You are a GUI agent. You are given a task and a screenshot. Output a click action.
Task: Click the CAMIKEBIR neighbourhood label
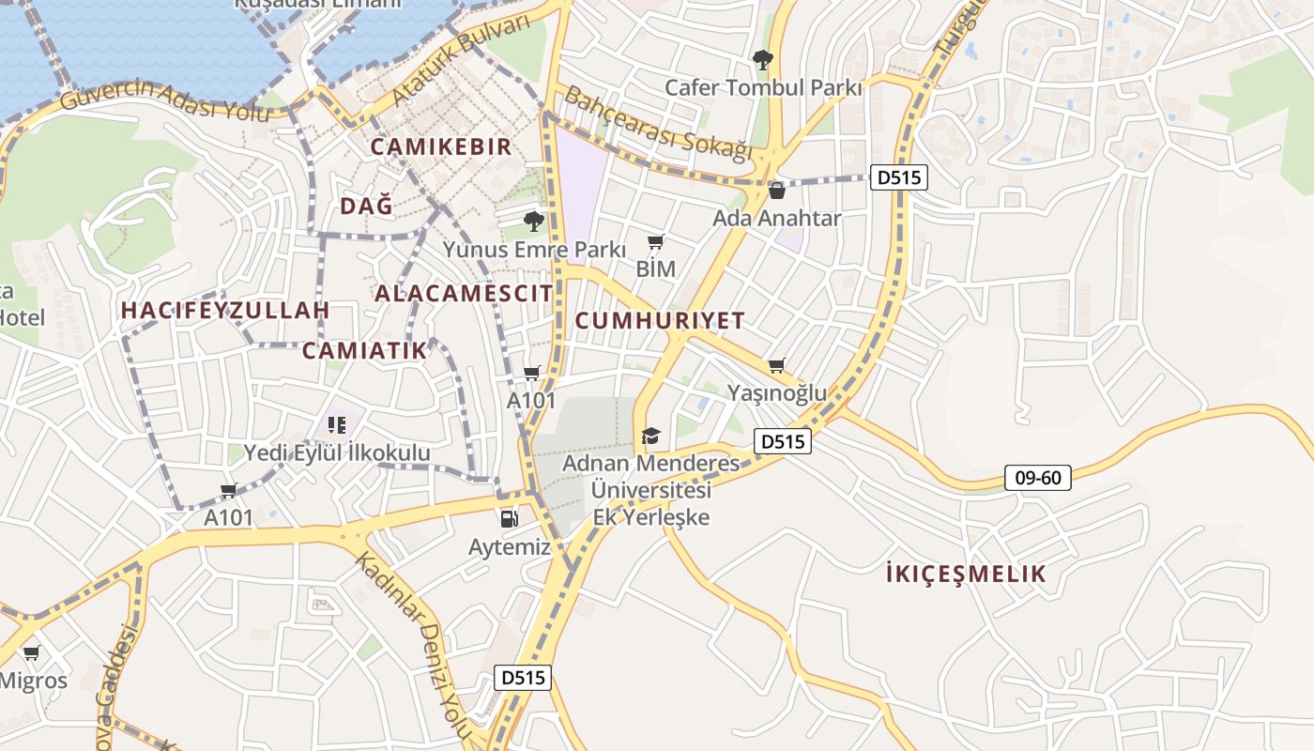[441, 146]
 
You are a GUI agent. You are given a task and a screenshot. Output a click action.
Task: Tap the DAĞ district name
[366, 207]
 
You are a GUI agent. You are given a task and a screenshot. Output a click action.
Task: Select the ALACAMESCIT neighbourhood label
[464, 293]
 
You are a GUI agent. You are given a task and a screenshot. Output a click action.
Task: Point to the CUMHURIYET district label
[660, 321]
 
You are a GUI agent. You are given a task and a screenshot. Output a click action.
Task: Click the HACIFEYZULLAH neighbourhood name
[225, 310]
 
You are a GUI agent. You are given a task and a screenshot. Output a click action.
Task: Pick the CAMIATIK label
[364, 351]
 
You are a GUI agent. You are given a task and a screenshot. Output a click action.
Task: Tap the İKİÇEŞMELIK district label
[966, 575]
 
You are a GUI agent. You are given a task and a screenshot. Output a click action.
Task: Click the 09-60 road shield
[1038, 478]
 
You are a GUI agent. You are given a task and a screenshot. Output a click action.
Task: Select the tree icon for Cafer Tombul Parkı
[763, 60]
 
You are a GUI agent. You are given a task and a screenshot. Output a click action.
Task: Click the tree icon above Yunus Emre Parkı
[534, 222]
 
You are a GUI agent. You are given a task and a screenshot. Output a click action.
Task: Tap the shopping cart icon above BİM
[656, 243]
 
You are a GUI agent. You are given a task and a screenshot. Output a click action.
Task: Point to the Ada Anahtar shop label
[777, 218]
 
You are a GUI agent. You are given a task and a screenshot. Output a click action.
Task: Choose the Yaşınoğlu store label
[777, 392]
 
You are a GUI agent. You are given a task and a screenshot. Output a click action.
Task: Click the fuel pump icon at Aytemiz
[509, 517]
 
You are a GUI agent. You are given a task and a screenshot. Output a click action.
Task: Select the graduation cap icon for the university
[650, 436]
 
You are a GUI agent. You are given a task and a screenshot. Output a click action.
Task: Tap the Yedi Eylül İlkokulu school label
[337, 453]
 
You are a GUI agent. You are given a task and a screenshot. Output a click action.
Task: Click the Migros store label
[34, 681]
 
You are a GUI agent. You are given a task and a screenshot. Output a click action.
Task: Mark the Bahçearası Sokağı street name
[659, 124]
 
